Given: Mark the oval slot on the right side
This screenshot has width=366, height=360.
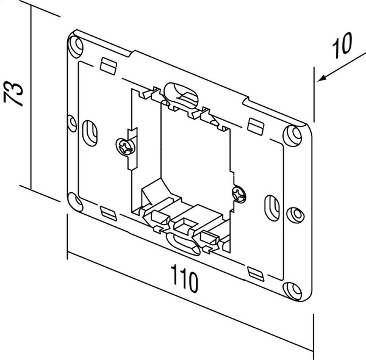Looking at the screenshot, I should pyautogui.click(x=271, y=206).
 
